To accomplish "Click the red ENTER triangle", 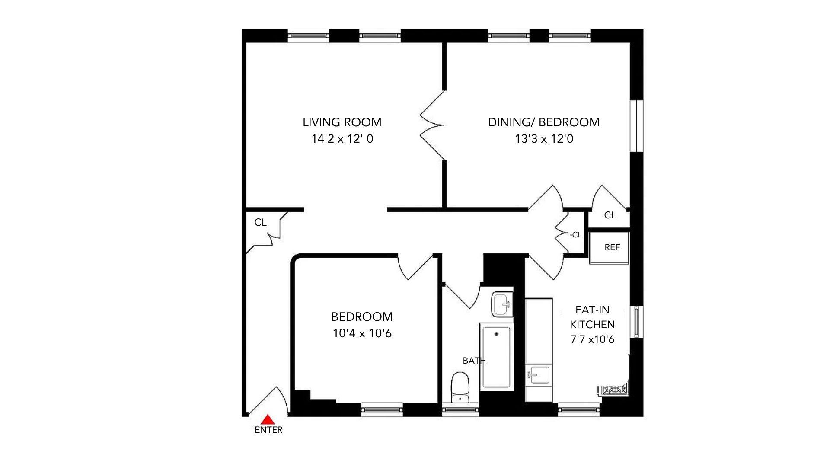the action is tap(268, 419).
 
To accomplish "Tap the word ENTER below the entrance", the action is tap(268, 430).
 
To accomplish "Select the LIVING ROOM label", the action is tap(342, 122).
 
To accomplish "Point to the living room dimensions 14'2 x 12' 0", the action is tap(342, 139).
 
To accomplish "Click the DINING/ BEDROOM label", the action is tap(544, 122).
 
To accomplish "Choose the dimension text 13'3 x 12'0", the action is tap(544, 139).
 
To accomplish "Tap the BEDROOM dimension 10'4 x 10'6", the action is tap(362, 333).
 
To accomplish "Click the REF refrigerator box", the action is tap(609, 248).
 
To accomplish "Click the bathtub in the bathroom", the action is tap(496, 357).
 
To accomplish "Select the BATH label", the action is tap(474, 361).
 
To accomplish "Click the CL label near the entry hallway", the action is tap(260, 222).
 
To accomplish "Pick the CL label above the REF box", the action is tap(610, 215).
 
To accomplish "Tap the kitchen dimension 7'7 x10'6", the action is tap(592, 339).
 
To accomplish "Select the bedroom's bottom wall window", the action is tap(382, 409).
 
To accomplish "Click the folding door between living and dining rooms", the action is tap(432, 125).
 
